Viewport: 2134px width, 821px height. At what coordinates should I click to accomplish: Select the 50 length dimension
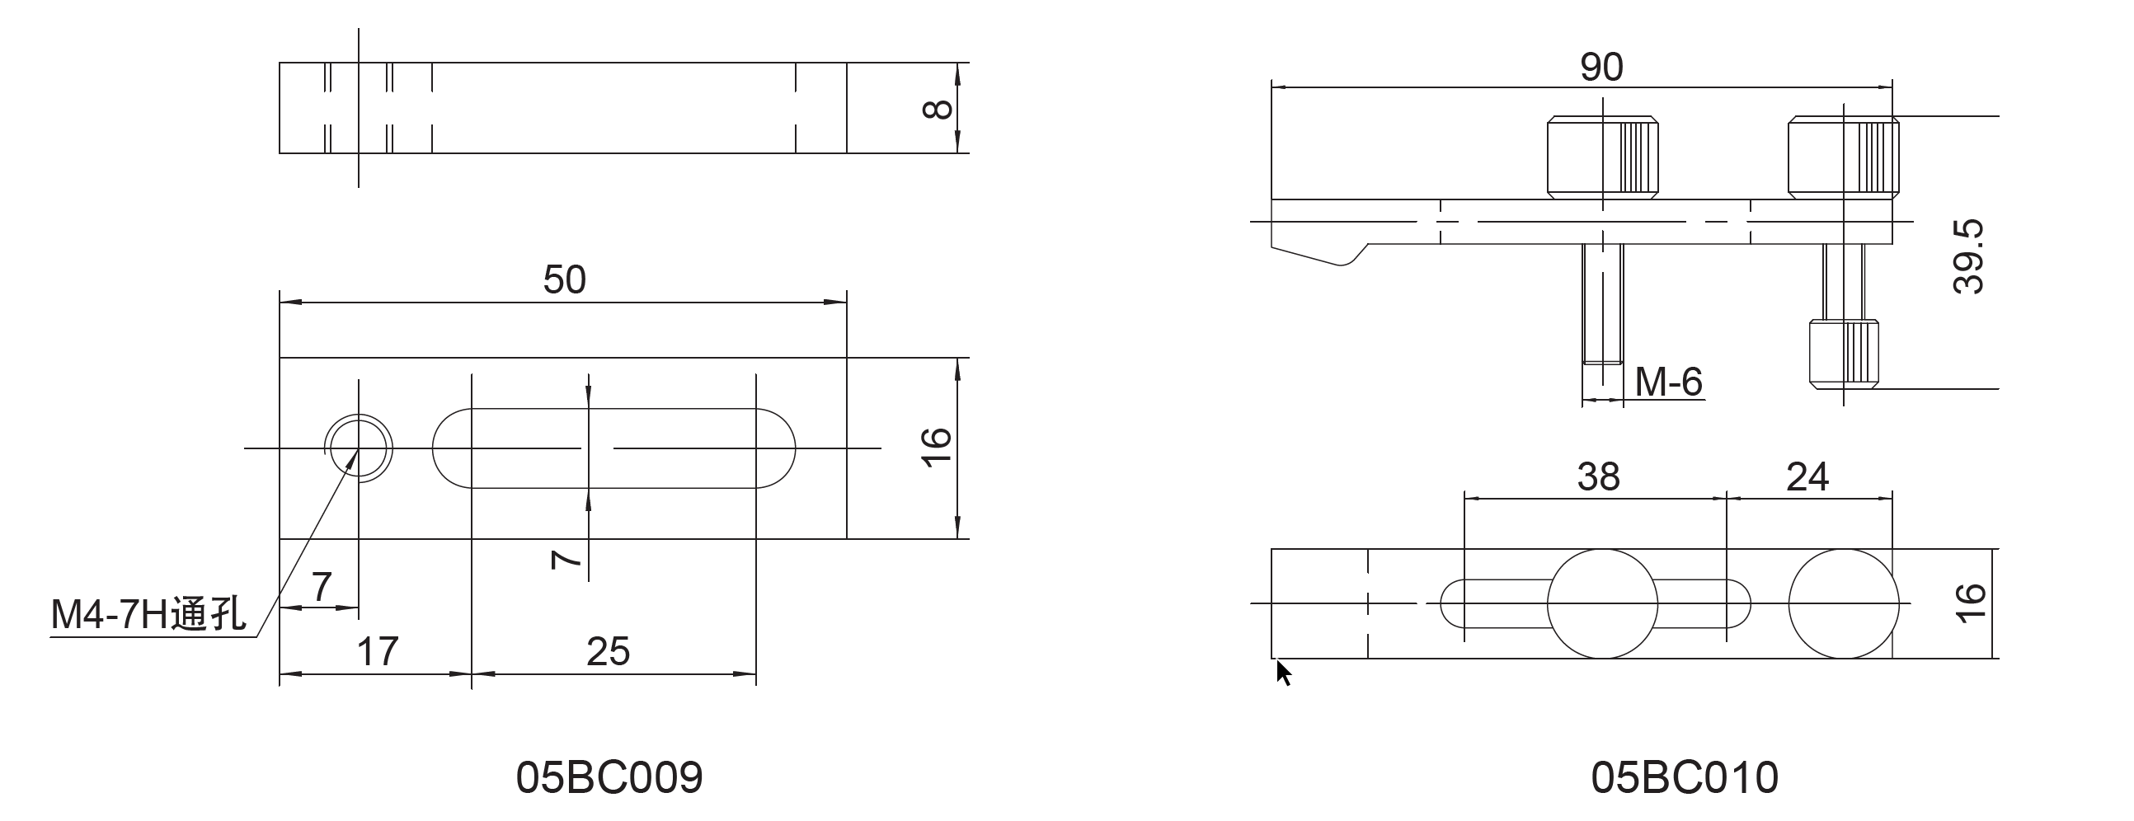[x=564, y=279]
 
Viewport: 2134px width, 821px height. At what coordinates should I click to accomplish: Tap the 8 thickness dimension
[x=937, y=109]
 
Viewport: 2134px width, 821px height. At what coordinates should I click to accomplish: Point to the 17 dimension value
[x=378, y=651]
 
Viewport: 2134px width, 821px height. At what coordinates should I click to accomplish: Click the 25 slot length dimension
[x=608, y=651]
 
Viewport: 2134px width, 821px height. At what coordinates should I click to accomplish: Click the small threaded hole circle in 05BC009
[x=358, y=448]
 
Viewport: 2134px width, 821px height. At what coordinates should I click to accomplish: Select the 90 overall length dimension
[x=1601, y=67]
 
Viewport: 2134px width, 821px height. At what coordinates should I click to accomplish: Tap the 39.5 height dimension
[x=1968, y=257]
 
